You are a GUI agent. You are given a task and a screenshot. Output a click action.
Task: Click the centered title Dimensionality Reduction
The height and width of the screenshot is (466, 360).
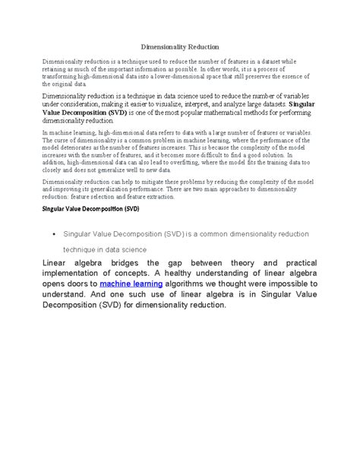tap(180, 46)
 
